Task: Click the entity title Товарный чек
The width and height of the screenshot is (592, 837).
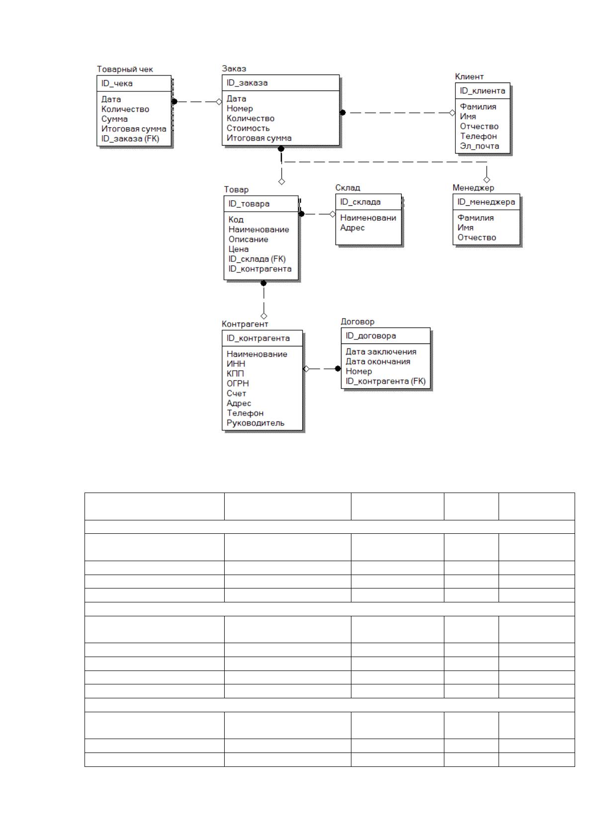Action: pos(125,70)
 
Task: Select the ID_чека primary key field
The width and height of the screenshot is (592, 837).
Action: pos(117,84)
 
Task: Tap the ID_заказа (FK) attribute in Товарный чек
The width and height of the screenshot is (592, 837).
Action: pos(130,139)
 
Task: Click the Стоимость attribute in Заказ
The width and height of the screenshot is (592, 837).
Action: pos(248,128)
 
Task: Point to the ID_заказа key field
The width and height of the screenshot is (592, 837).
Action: pos(247,83)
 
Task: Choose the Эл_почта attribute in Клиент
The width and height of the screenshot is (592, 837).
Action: pos(479,146)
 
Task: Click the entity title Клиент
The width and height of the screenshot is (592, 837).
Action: pos(469,77)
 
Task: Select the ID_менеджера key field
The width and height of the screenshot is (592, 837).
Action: pos(486,202)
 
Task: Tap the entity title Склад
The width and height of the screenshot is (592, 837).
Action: pos(347,187)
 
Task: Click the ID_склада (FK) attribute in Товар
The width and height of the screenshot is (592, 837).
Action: pos(257,259)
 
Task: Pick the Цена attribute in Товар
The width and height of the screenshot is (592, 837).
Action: pos(239,249)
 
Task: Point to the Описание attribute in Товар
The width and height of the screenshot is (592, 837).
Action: pos(248,239)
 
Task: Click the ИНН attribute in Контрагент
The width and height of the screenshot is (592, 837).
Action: pos(236,363)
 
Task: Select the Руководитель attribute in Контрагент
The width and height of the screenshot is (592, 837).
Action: pos(255,423)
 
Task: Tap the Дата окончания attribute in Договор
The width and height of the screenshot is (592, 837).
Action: pos(378,362)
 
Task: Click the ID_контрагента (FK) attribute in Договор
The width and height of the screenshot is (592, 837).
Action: pos(385,381)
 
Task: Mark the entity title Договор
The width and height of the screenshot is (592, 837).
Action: pos(357,322)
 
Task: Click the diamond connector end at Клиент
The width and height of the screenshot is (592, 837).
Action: pos(452,112)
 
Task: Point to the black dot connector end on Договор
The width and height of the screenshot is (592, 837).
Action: pos(338,369)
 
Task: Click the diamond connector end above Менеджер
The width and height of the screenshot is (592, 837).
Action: pos(487,180)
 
